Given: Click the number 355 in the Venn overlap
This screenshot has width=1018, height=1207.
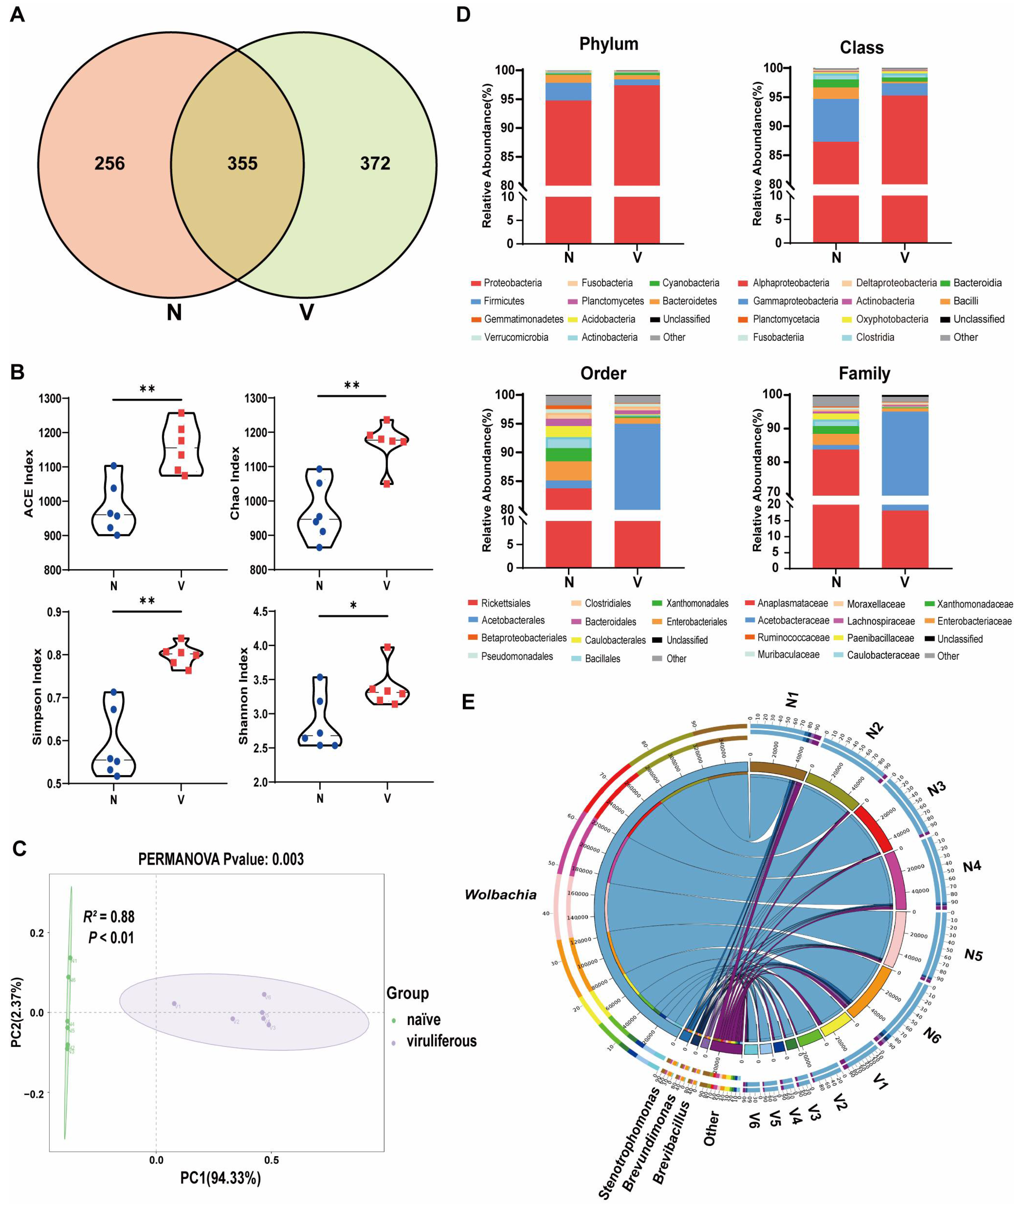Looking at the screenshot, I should click(x=242, y=163).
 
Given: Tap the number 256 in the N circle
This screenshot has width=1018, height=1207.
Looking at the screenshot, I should click(x=110, y=163).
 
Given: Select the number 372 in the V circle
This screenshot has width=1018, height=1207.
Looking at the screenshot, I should click(x=375, y=163).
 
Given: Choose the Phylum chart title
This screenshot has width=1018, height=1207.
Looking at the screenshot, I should click(x=609, y=44).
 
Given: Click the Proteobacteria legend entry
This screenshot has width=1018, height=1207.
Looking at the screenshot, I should click(x=512, y=283).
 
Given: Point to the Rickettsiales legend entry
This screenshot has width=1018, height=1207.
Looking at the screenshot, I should click(x=506, y=603).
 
